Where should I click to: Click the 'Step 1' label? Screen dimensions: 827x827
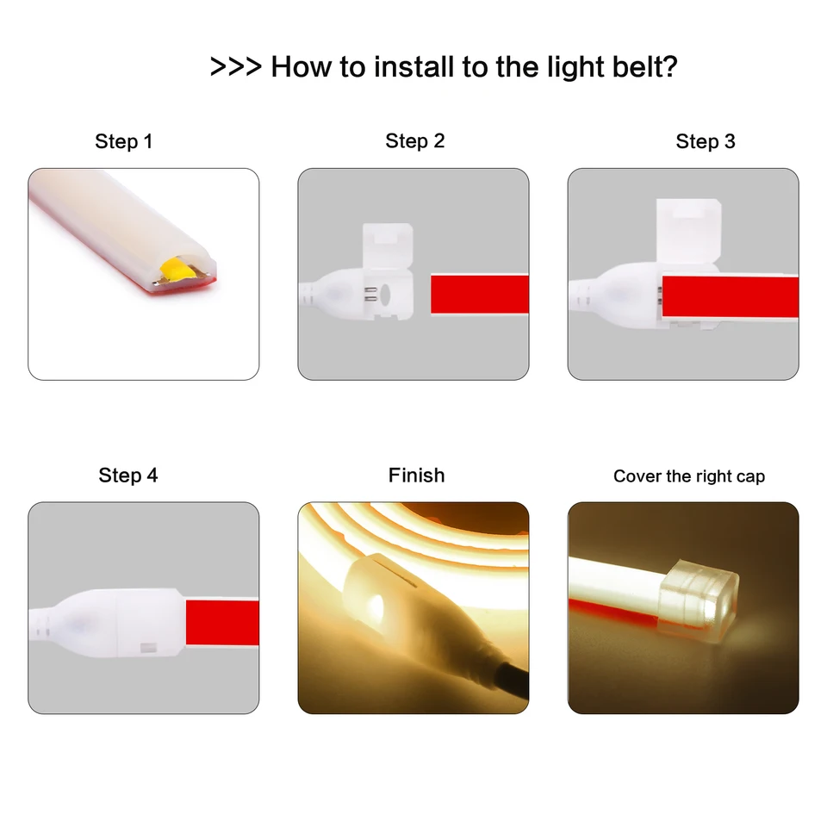pos(123,141)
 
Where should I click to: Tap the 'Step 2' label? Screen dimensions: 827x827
pos(415,140)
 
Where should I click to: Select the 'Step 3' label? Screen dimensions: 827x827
pos(706,141)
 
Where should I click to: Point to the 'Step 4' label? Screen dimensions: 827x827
pos(128,476)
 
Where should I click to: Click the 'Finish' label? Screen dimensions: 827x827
pos(417,476)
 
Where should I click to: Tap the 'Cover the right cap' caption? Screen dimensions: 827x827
pos(689,476)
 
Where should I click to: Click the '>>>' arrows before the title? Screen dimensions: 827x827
pos(236,67)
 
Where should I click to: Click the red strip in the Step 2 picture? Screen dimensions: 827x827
pos(480,295)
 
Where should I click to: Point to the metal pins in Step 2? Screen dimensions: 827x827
pos(370,295)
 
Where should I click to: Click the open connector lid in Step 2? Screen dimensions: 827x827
pos(388,243)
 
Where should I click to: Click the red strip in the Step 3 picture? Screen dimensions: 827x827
pos(731,296)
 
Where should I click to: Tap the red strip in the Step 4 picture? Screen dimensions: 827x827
pos(222,622)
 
